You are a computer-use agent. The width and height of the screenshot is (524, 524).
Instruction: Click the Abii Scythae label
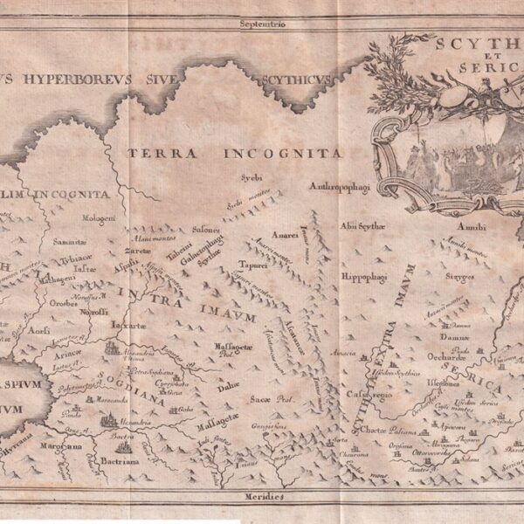point(363,225)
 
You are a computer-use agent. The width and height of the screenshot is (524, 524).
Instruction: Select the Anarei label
point(285,235)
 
